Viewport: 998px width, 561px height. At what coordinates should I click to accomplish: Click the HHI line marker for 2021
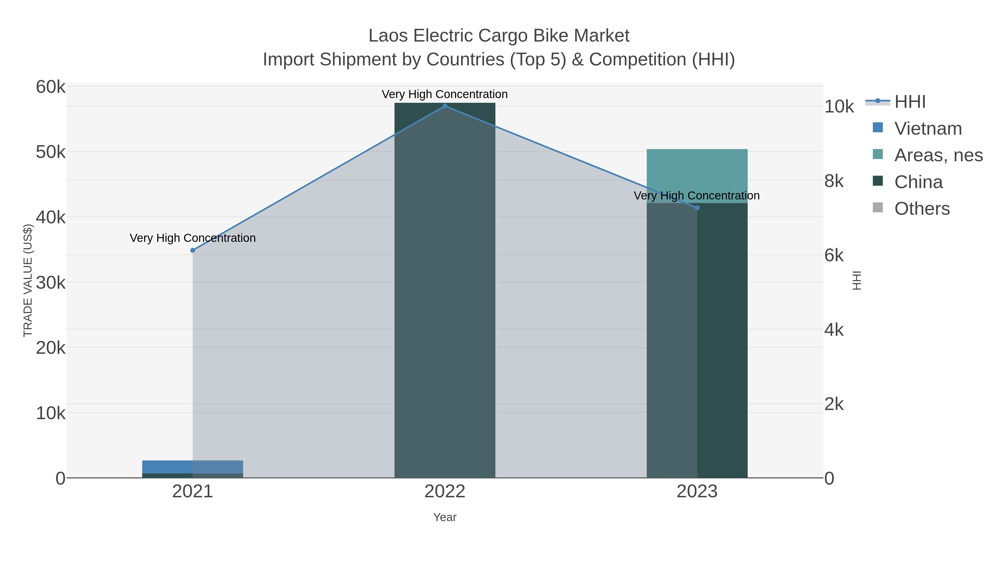tap(193, 250)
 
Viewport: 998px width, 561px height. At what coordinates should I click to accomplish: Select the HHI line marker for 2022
tap(445, 106)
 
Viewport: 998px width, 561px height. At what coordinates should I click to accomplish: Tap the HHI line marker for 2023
tap(697, 208)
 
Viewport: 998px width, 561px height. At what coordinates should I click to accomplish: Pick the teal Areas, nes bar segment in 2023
tap(697, 170)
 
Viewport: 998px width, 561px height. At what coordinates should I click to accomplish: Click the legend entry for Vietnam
tap(928, 129)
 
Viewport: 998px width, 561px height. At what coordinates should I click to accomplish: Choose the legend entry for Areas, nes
tap(938, 155)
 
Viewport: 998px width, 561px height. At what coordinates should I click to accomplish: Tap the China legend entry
tap(918, 182)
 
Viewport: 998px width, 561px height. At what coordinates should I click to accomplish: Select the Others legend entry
tap(922, 209)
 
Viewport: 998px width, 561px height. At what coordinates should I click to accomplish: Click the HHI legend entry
tap(910, 102)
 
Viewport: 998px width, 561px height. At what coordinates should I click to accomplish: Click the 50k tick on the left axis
tap(51, 152)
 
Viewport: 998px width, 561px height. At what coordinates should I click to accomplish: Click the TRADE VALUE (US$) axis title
tap(28, 280)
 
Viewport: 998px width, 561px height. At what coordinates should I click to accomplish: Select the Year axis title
tap(445, 517)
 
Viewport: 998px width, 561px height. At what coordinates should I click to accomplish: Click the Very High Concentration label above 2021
tap(193, 238)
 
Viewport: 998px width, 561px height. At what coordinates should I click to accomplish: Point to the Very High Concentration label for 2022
tap(445, 94)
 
